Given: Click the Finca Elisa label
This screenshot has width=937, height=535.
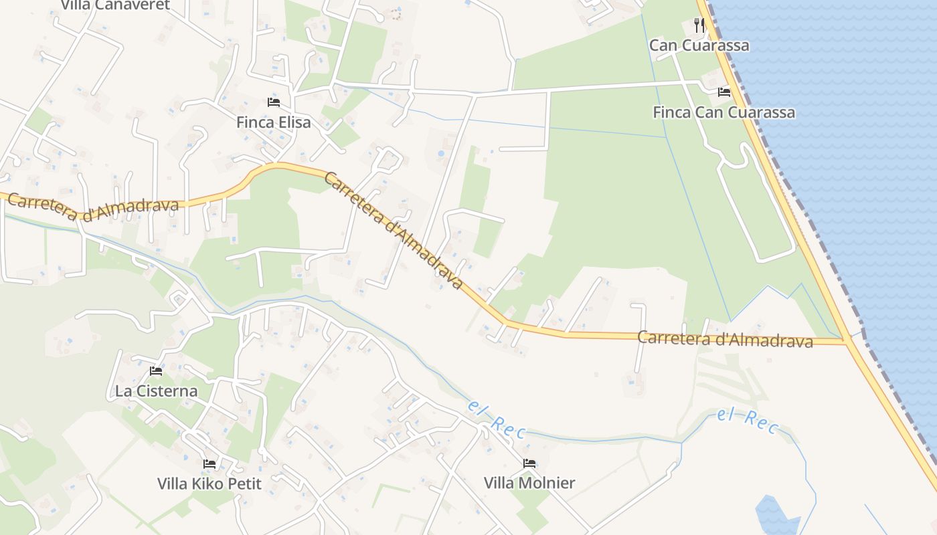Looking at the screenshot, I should pyautogui.click(x=273, y=122).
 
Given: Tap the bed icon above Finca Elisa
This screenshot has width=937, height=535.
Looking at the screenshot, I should pyautogui.click(x=273, y=102).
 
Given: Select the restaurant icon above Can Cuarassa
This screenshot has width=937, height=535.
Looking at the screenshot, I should pyautogui.click(x=699, y=25).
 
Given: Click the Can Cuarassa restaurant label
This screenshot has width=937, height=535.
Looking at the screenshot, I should pyautogui.click(x=699, y=45).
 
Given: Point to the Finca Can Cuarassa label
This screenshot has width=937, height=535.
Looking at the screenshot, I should pyautogui.click(x=723, y=112).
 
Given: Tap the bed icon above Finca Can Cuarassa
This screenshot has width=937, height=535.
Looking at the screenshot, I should pyautogui.click(x=723, y=92).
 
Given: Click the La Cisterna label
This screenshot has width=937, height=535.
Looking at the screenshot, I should pyautogui.click(x=156, y=391).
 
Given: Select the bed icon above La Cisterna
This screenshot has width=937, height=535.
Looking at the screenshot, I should pyautogui.click(x=156, y=371).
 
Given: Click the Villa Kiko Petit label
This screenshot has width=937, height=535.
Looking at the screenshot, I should pyautogui.click(x=209, y=483).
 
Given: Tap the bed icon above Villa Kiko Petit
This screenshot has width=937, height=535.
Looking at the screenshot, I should pyautogui.click(x=209, y=463).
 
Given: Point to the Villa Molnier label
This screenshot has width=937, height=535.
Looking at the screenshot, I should pyautogui.click(x=529, y=483).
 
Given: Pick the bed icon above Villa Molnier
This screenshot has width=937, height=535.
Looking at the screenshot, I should pyautogui.click(x=529, y=463).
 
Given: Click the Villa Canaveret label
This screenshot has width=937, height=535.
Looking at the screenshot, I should pyautogui.click(x=115, y=5).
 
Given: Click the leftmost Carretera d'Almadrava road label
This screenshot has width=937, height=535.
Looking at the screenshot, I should pyautogui.click(x=94, y=207).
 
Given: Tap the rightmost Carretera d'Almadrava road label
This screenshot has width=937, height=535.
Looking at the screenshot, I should pyautogui.click(x=724, y=339).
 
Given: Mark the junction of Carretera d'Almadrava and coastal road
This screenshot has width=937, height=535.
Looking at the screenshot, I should pyautogui.click(x=848, y=342).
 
